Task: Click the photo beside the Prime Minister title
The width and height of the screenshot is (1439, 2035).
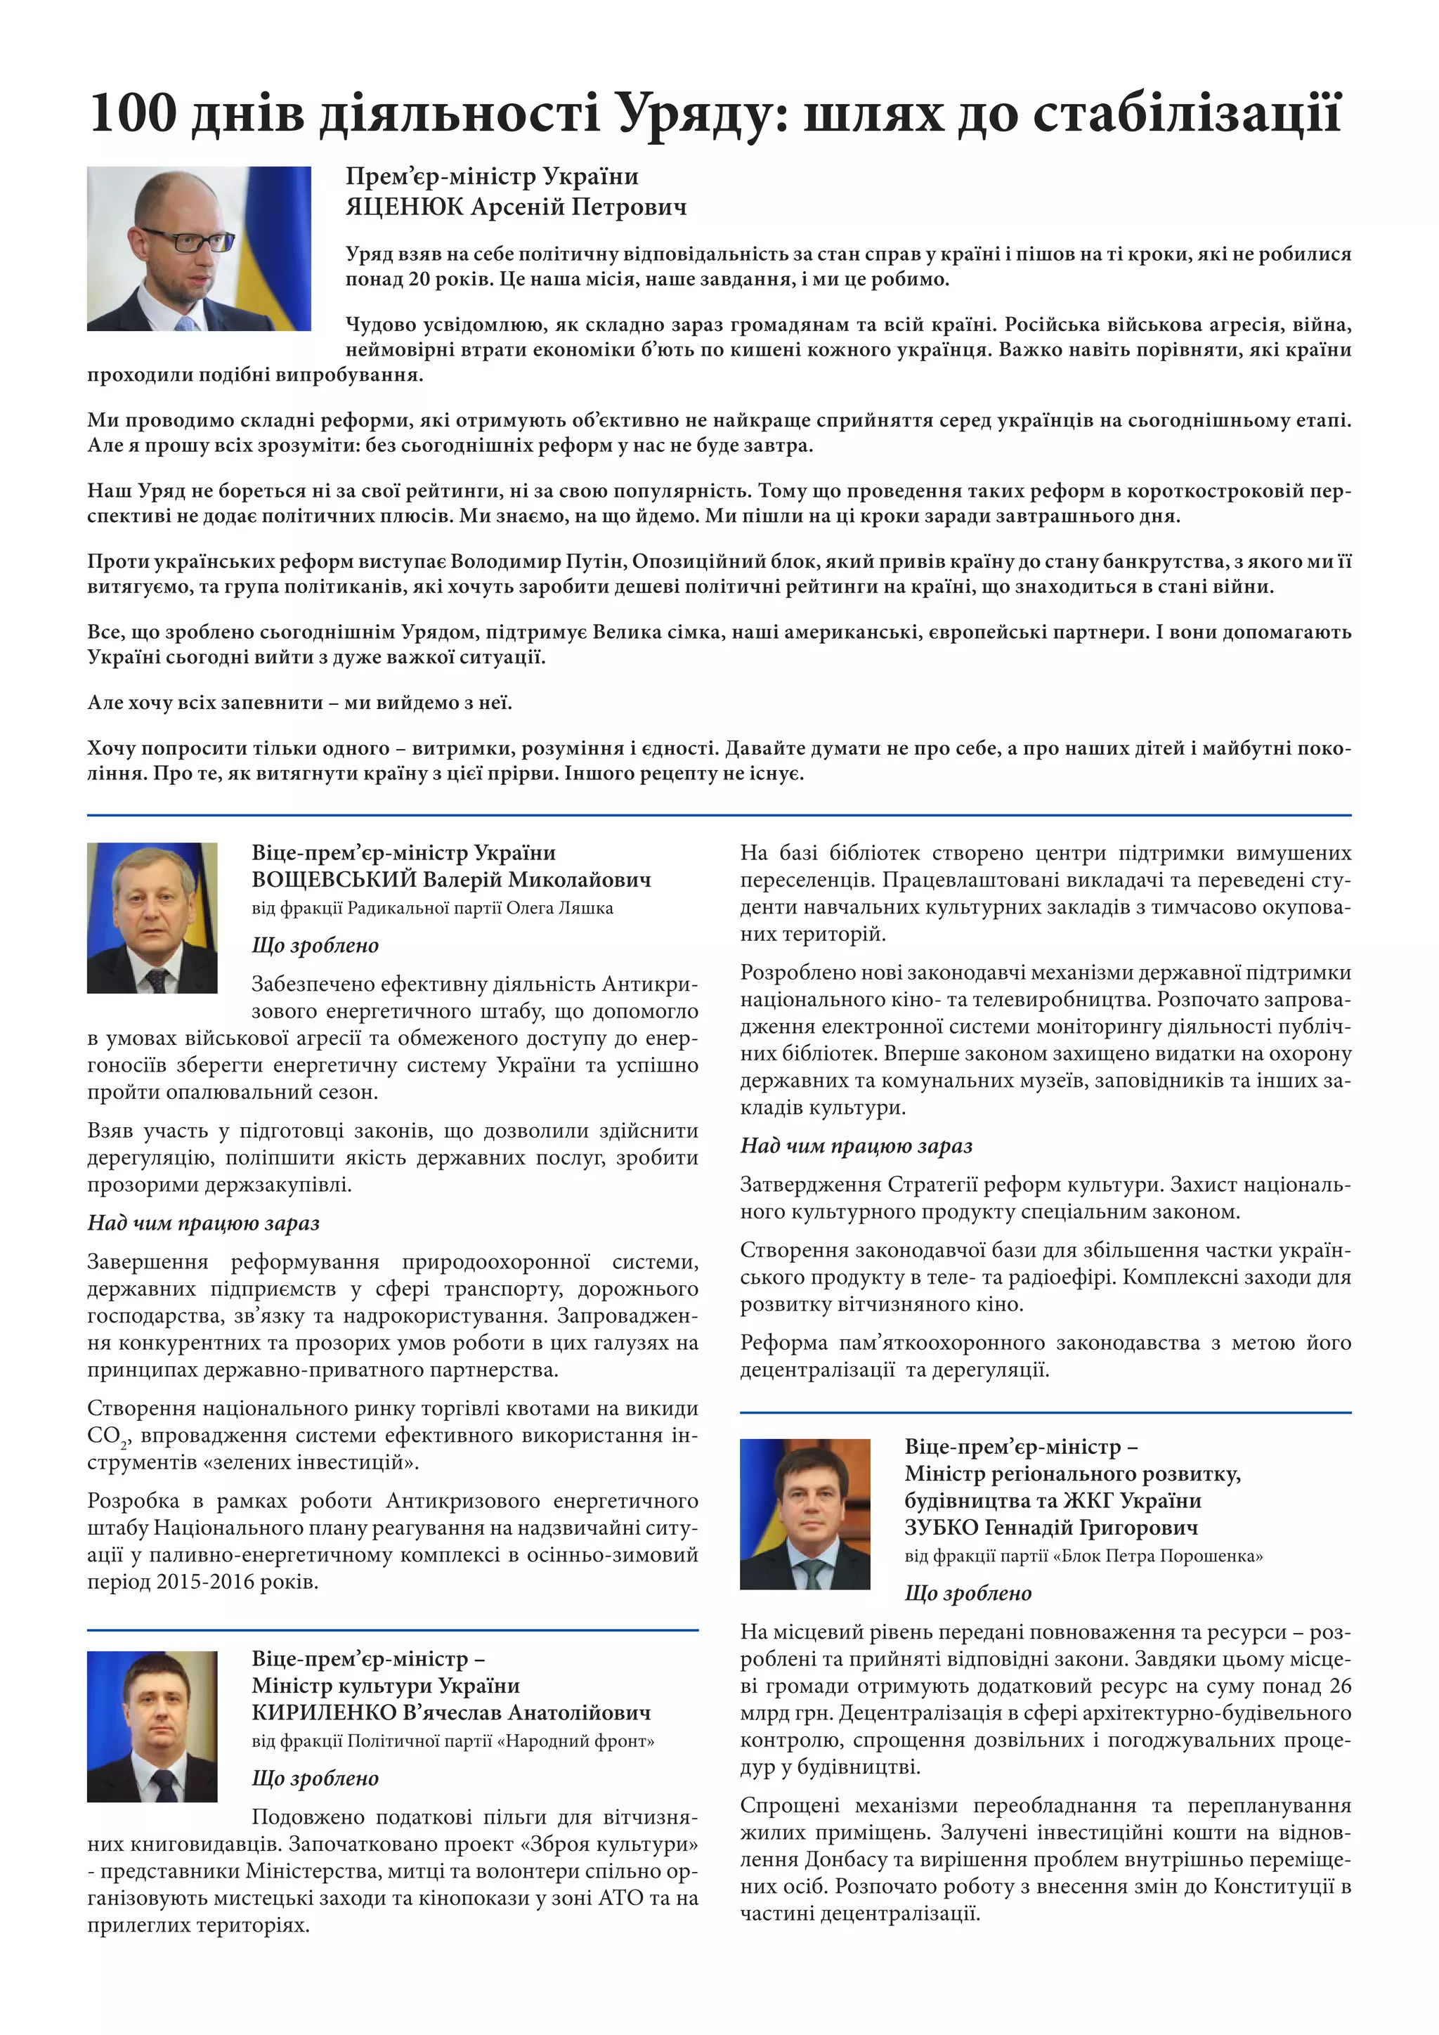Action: coord(198,248)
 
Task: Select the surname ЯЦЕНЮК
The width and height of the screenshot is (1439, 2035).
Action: coord(404,207)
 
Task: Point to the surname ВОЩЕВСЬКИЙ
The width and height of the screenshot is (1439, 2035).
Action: coord(333,879)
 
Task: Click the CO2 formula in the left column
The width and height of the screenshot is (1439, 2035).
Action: coord(106,1436)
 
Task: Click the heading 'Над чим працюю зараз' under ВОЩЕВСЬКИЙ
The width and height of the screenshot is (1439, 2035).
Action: coord(203,1223)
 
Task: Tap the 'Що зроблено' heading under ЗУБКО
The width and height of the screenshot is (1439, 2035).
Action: coord(968,1593)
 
